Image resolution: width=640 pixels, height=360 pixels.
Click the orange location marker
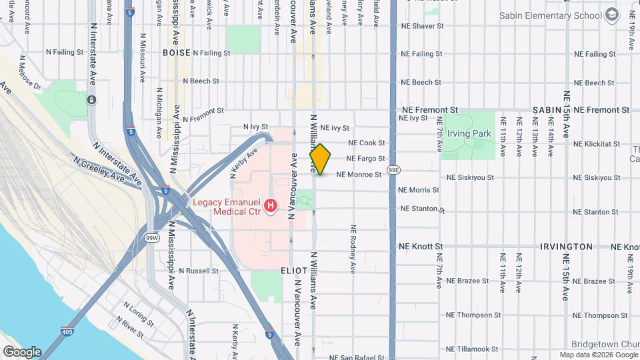(321, 159)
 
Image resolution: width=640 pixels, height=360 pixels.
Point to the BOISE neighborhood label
(176, 52)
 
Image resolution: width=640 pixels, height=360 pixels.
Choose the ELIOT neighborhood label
(293, 271)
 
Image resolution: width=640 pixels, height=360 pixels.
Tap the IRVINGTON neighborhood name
(566, 247)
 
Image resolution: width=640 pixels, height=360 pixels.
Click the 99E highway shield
(395, 170)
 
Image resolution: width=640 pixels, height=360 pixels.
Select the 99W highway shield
(152, 237)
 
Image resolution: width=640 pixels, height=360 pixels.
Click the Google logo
(21, 351)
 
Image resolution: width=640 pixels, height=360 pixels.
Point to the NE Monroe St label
(359, 175)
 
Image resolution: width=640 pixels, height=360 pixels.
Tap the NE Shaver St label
(422, 26)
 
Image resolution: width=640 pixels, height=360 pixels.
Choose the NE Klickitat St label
(596, 143)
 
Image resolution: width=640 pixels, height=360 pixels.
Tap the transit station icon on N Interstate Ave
(91, 100)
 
